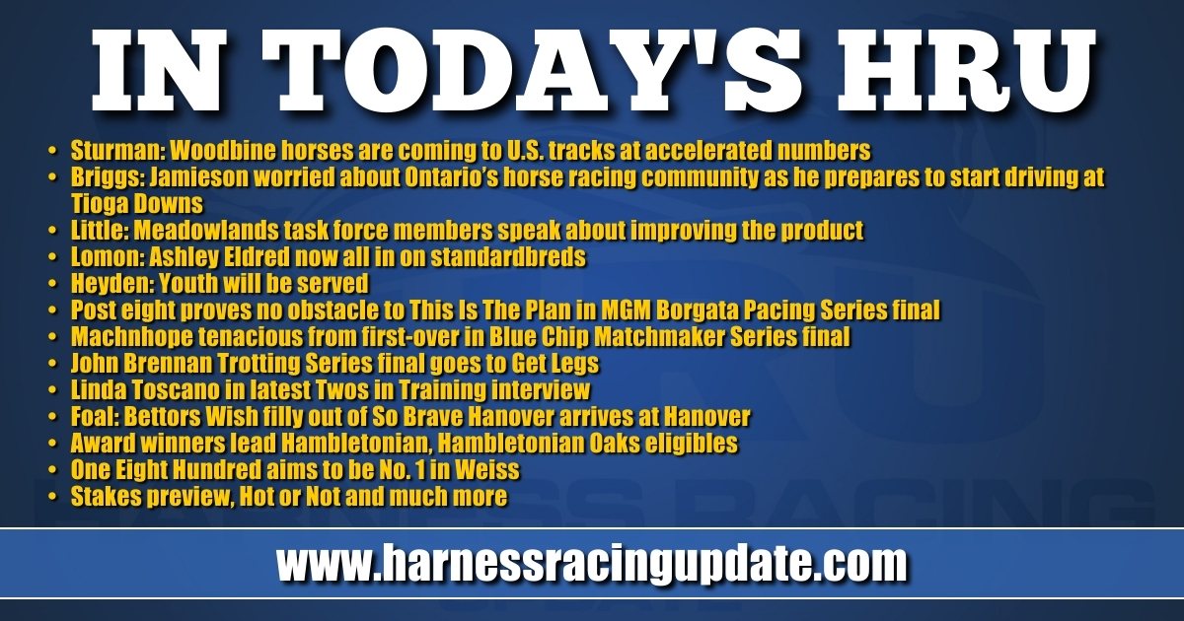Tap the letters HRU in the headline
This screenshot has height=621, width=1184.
(964, 70)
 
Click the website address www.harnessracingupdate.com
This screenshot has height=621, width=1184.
(592, 563)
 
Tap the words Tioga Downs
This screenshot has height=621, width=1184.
(137, 204)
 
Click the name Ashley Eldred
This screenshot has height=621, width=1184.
(219, 257)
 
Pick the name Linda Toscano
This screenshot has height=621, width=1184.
(145, 390)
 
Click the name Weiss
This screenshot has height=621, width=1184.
(487, 470)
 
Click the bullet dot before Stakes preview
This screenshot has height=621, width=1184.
(51, 497)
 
